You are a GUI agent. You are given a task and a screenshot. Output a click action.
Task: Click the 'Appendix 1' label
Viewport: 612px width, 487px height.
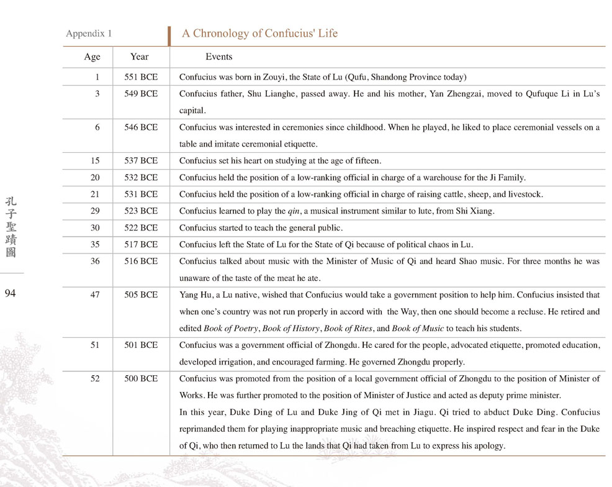tap(89, 34)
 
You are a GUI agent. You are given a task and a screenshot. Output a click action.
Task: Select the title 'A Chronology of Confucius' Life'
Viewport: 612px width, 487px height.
tap(259, 34)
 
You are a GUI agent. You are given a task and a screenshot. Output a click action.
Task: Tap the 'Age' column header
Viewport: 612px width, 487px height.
tap(92, 57)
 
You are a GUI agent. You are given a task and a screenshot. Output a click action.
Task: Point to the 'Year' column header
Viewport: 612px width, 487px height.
tap(140, 57)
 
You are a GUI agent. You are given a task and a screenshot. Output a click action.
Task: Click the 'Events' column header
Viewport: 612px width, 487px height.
tap(218, 57)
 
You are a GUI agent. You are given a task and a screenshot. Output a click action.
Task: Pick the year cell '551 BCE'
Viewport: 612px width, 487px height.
tap(141, 77)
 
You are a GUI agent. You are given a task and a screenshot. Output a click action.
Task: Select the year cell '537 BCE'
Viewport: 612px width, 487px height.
tap(141, 161)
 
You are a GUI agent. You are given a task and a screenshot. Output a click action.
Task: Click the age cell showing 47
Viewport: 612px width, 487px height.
tap(95, 295)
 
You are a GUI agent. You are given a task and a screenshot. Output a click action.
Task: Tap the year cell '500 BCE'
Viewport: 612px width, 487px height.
tap(141, 378)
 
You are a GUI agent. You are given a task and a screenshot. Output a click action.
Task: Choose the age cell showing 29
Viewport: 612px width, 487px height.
tap(95, 211)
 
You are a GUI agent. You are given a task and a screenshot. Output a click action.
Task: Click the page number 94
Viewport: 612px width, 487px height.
tap(10, 294)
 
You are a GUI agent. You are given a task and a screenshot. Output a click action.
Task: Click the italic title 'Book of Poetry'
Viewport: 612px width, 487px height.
tap(230, 328)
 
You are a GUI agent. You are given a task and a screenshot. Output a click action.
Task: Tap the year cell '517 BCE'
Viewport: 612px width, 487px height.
tap(141, 245)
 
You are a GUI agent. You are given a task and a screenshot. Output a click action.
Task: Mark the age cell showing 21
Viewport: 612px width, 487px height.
tap(95, 194)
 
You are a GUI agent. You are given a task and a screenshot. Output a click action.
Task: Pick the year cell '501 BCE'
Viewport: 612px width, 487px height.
tap(141, 345)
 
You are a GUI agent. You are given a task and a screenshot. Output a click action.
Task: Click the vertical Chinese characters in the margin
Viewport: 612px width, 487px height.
tap(11, 227)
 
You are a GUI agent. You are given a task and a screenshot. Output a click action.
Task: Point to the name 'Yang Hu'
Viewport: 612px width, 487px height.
tap(195, 295)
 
